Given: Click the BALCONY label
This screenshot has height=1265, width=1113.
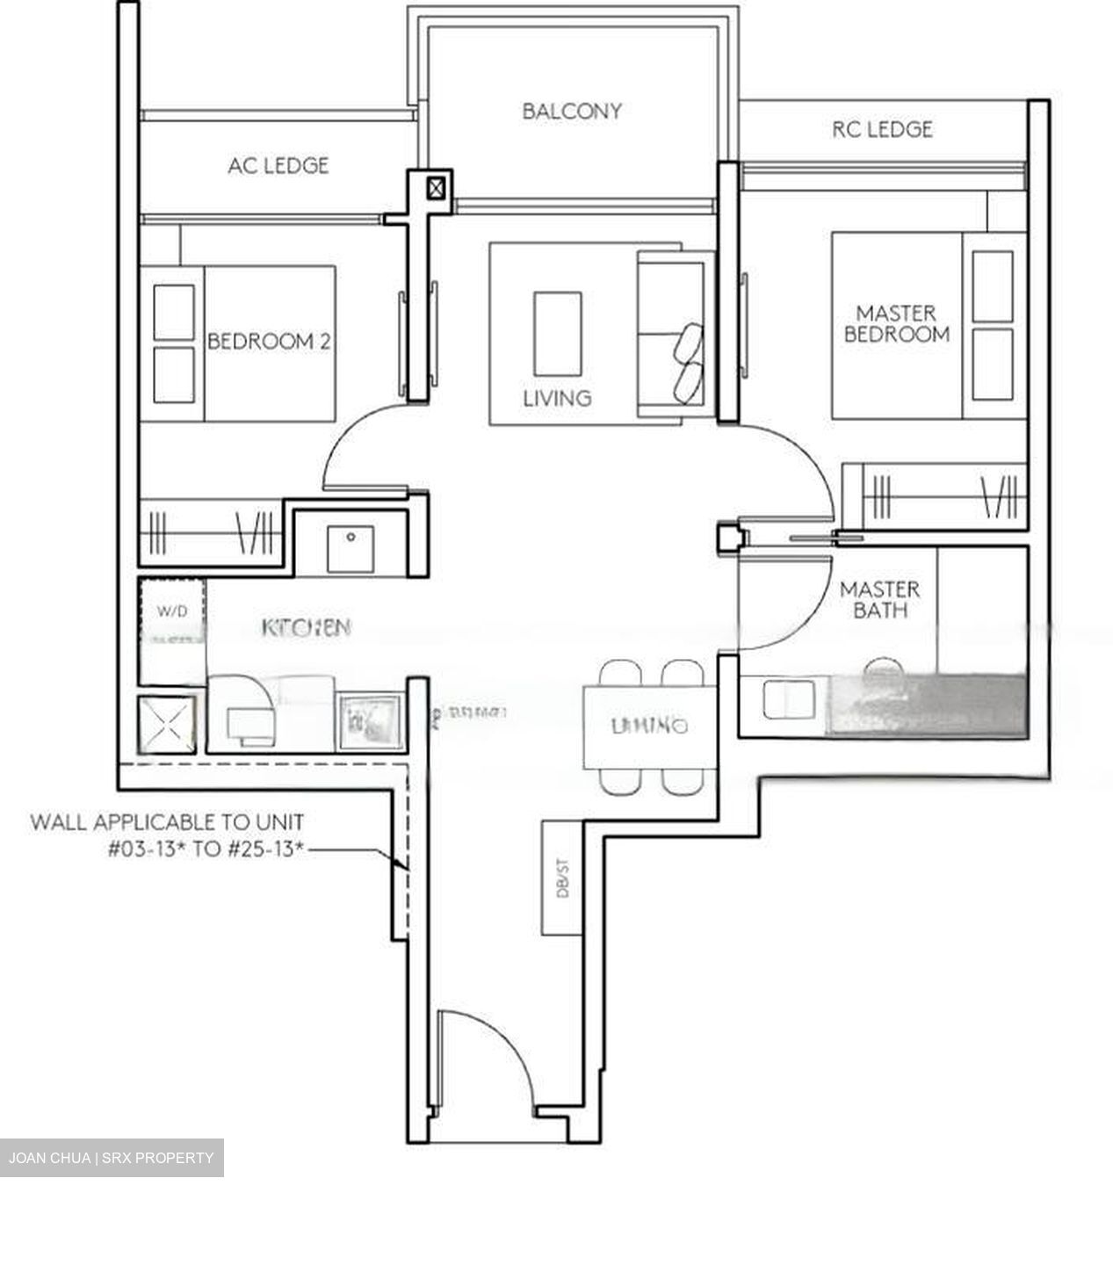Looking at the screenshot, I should point(571,112).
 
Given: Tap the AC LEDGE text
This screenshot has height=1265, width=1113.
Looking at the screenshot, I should point(278,165).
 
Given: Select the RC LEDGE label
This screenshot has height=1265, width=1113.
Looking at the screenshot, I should point(882,130).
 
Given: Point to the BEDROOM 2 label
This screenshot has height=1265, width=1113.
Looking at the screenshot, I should point(269,342).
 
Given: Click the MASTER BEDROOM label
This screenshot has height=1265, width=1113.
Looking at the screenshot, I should point(896,323).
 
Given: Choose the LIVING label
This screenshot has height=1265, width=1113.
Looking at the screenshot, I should point(557,398).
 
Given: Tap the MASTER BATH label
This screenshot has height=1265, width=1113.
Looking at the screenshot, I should point(879,600).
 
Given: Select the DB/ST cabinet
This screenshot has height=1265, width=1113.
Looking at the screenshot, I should point(562,877).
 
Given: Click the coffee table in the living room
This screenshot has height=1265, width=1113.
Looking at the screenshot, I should point(557,333).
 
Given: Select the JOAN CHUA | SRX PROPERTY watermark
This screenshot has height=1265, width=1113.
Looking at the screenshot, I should point(112,1158).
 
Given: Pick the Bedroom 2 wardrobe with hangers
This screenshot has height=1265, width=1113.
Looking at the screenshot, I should point(211,532).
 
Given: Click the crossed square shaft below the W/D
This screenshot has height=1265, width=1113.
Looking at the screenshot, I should point(167,725).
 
